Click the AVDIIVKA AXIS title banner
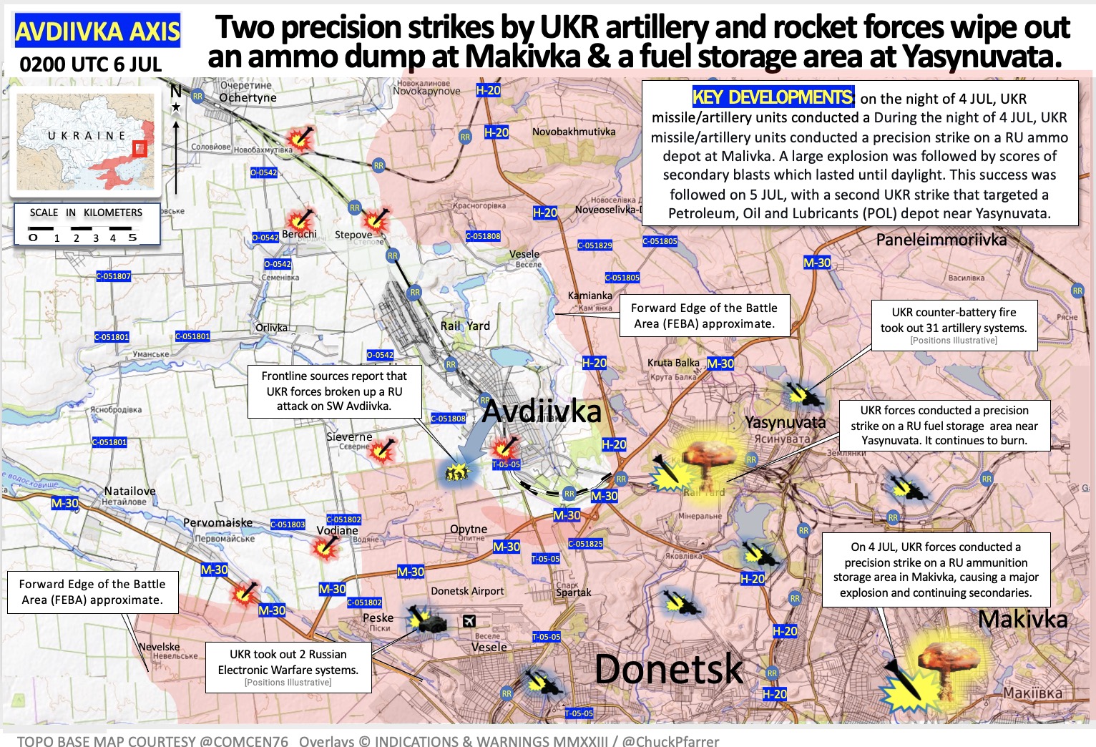tap(97, 31)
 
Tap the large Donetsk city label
tap(668, 669)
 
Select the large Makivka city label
tap(1022, 619)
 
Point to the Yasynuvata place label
tap(785, 422)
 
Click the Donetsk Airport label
tap(467, 591)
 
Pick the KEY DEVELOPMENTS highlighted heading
tap(773, 97)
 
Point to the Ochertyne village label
tap(248, 97)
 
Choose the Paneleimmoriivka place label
tap(941, 240)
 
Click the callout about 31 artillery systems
tap(954, 326)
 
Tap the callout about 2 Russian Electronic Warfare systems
tap(288, 667)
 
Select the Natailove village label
tap(129, 491)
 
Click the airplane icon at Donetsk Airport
tap(469, 620)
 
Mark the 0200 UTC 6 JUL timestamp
tap(91, 64)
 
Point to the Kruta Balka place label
tap(673, 363)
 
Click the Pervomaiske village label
tap(217, 522)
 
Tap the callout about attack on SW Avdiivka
tap(334, 391)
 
